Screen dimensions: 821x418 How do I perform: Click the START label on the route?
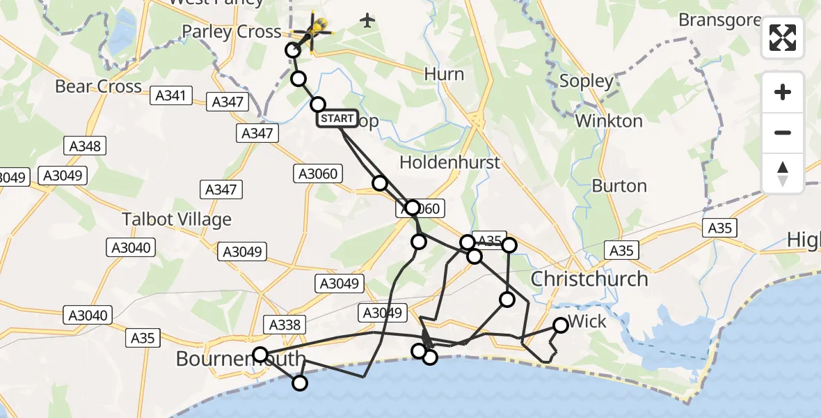(337, 118)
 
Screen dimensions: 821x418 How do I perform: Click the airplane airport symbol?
(367, 21)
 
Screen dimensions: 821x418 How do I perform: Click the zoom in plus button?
(783, 92)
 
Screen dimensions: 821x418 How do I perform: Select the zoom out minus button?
(783, 132)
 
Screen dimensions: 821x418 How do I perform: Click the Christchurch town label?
(589, 279)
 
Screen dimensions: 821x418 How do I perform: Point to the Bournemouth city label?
(240, 359)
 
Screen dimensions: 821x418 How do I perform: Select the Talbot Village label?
(177, 219)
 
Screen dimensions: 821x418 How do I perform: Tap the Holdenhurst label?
(450, 162)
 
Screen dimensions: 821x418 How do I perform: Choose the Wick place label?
(588, 322)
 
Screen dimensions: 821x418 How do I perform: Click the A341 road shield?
(170, 96)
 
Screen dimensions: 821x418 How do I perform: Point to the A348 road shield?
(85, 146)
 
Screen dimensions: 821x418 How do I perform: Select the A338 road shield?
(285, 324)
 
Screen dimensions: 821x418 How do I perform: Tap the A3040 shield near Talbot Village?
(131, 247)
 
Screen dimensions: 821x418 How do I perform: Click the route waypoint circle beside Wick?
(561, 325)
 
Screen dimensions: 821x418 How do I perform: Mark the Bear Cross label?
(98, 86)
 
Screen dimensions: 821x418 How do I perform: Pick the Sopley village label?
(587, 82)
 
